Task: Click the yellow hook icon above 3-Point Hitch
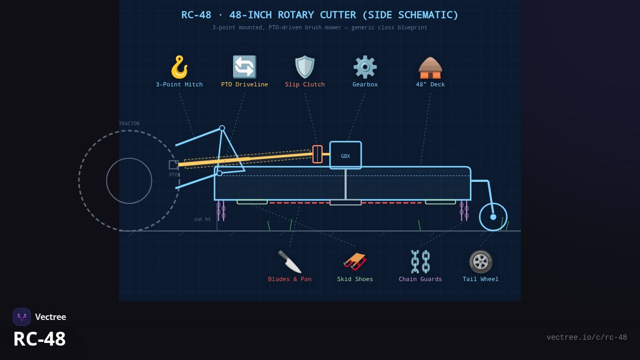[179, 67]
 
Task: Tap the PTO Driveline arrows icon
[245, 67]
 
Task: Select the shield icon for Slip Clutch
[305, 67]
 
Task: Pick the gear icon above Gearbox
[365, 67]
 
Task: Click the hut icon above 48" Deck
[430, 67]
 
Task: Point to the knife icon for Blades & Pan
[290, 261]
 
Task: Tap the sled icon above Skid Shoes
[355, 261]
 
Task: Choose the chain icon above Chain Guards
[420, 261]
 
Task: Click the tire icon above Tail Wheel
[481, 261]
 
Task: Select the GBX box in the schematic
[346, 155]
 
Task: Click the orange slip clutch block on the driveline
[317, 154]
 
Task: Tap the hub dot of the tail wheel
[493, 217]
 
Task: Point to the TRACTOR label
[129, 123]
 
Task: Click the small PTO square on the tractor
[174, 165]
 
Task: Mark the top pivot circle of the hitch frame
[222, 129]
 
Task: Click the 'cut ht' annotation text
[202, 219]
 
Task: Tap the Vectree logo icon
[22, 317]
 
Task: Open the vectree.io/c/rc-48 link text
[587, 338]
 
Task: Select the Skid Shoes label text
[355, 279]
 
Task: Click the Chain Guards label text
[420, 279]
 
